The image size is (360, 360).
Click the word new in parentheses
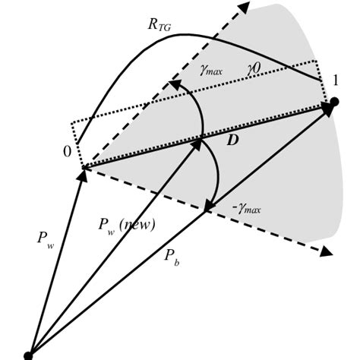pyautogui.click(x=141, y=226)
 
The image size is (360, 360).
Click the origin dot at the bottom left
pyautogui.click(x=29, y=355)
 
